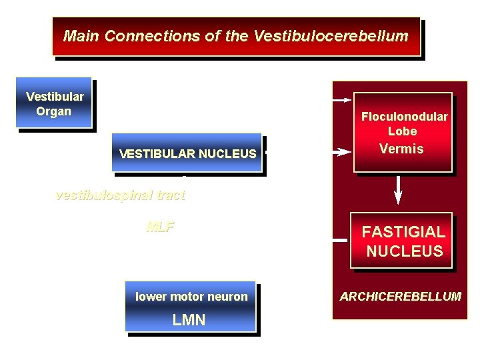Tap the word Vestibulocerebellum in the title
[x=331, y=36]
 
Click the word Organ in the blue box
[x=53, y=111]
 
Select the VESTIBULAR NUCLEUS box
[x=187, y=154]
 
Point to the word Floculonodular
[x=404, y=117]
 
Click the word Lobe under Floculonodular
[x=402, y=131]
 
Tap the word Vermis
[x=401, y=149]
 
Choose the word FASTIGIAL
[x=403, y=232]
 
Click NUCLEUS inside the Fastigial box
[x=404, y=251]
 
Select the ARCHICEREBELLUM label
[x=400, y=296]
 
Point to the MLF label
[x=160, y=227]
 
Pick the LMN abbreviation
[x=189, y=320]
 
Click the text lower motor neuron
[x=191, y=297]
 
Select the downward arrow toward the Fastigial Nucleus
[x=399, y=189]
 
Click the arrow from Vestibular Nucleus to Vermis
[x=341, y=152]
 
